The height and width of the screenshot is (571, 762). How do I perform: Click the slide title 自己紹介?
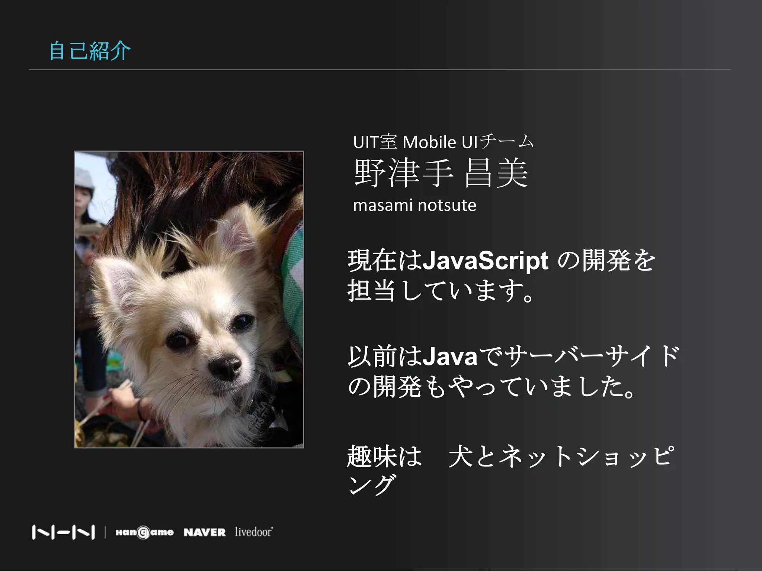pyautogui.click(x=90, y=51)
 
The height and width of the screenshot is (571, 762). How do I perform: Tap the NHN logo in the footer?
pyautogui.click(x=63, y=532)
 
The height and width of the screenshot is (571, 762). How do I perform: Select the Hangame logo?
pyautogui.click(x=144, y=532)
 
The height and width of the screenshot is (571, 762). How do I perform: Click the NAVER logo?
pyautogui.click(x=205, y=532)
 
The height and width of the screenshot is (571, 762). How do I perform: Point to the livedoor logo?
pyautogui.click(x=254, y=532)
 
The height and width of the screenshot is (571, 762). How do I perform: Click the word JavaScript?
pyautogui.click(x=485, y=260)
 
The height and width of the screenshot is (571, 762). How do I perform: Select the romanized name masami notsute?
pyautogui.click(x=414, y=205)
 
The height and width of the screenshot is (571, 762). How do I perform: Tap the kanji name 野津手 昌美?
pyautogui.click(x=441, y=173)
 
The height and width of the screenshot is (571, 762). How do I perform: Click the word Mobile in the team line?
pyautogui.click(x=429, y=142)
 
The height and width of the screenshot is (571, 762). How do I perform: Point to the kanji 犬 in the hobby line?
pyautogui.click(x=461, y=457)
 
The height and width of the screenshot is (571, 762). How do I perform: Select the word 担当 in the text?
pyautogui.click(x=371, y=290)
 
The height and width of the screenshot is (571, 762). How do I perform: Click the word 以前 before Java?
pyautogui.click(x=371, y=356)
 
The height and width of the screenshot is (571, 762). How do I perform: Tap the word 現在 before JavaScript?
pyautogui.click(x=371, y=260)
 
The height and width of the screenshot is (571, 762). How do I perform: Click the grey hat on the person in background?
pyautogui.click(x=85, y=178)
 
